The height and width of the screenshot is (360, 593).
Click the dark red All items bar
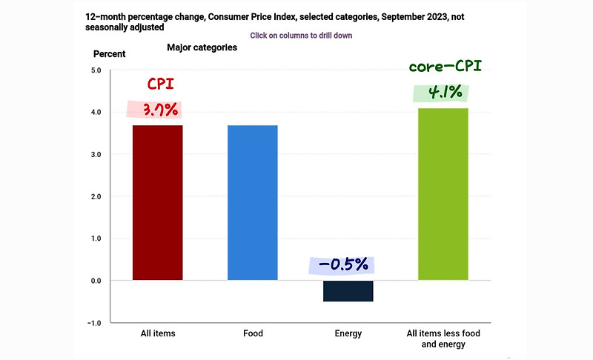click(157, 202)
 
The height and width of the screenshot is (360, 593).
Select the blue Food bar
click(253, 202)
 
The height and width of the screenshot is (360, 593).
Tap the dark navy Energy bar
click(348, 291)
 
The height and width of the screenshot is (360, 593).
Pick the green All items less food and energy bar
click(443, 194)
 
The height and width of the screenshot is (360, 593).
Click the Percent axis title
click(109, 53)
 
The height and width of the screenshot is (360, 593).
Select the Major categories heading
click(202, 47)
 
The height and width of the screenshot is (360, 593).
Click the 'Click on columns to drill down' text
click(301, 35)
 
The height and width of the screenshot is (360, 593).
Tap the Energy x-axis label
click(348, 333)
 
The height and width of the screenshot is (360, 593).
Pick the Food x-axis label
click(253, 333)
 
